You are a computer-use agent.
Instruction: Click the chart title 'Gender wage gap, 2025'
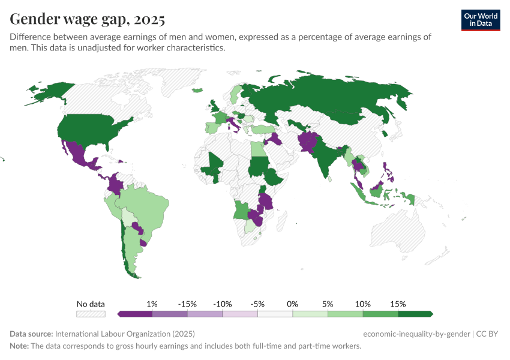[88, 19]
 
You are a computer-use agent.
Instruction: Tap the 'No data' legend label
[91, 304]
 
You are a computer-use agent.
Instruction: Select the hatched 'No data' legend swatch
[91, 314]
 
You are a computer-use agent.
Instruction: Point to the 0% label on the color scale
[292, 304]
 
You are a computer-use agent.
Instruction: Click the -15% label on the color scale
[187, 304]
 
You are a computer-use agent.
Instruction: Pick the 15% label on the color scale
[398, 304]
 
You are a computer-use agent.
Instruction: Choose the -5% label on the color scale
[257, 304]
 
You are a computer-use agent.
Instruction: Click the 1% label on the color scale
[152, 304]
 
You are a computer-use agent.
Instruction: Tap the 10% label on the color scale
[362, 304]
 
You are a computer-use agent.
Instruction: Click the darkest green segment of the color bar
[415, 314]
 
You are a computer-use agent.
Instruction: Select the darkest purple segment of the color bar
[135, 314]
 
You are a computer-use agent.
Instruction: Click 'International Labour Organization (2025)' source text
[125, 334]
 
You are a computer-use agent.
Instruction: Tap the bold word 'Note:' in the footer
[20, 346]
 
